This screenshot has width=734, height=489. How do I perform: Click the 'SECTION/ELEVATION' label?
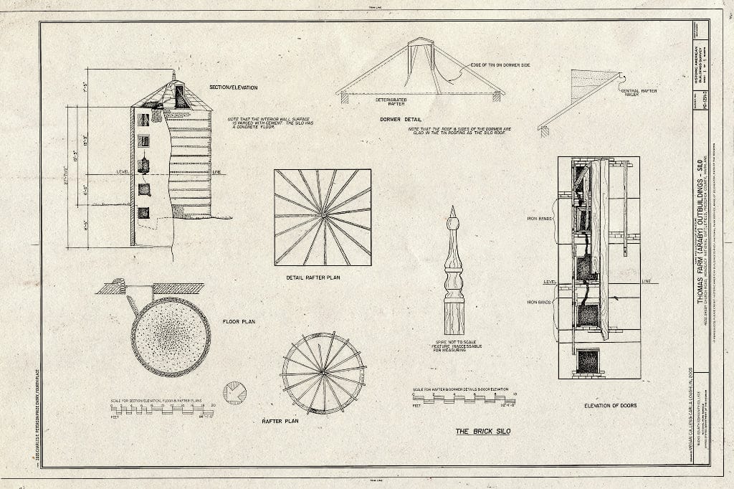[x=233, y=87]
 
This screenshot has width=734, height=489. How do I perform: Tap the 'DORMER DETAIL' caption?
[x=400, y=119]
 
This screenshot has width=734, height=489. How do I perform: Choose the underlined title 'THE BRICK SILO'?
[x=484, y=432]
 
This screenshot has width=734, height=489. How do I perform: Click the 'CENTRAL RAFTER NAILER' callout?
[x=640, y=92]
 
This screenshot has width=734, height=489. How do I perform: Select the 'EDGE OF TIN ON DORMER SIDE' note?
[x=500, y=65]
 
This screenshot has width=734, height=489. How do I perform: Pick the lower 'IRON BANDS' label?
[x=539, y=303]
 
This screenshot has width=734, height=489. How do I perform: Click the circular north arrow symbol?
[x=234, y=392]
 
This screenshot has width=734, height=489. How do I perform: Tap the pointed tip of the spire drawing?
[x=453, y=209]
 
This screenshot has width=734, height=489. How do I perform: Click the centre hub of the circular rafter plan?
[x=324, y=372]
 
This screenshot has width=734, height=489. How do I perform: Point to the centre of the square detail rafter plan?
[x=323, y=217]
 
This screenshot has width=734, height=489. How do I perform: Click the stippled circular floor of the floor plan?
[x=171, y=336]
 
